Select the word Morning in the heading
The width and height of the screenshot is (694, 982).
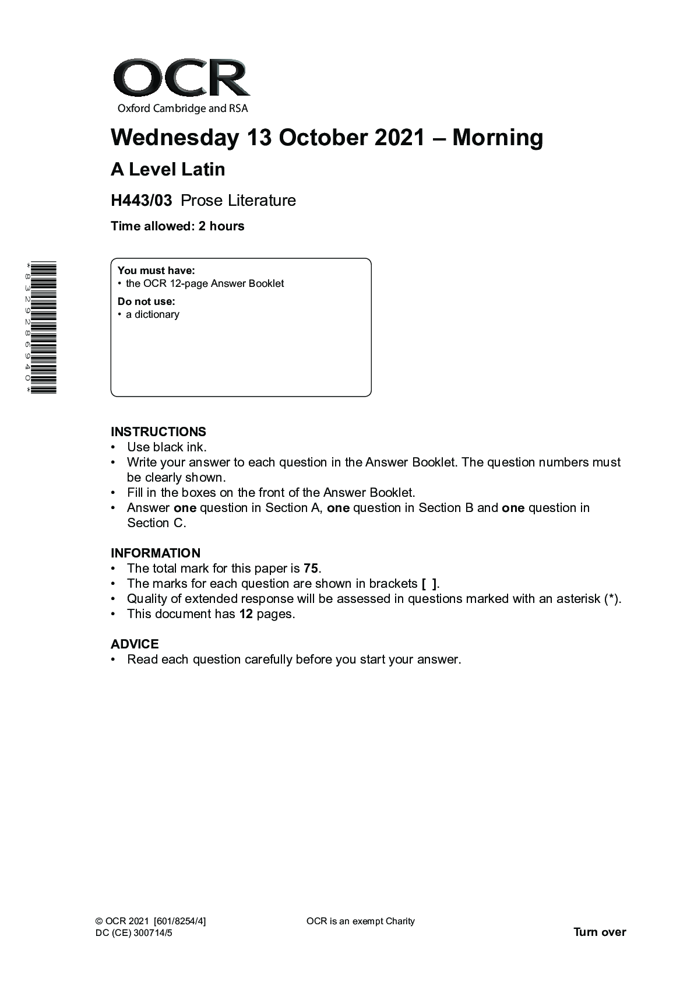[498, 138]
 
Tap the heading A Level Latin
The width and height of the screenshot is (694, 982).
[168, 170]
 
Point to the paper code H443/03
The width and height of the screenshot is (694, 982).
[142, 201]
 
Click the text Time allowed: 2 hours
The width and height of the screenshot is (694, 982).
[178, 226]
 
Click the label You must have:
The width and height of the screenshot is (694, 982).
[156, 271]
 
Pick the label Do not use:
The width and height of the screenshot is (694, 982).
[146, 301]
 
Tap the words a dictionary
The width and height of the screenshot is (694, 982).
[153, 314]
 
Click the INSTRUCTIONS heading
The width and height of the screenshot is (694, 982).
[158, 432]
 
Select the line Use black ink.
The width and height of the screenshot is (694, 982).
[167, 447]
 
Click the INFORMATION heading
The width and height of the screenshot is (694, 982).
[156, 553]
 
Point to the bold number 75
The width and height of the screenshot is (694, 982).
[311, 569]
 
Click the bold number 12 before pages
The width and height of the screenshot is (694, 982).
[246, 614]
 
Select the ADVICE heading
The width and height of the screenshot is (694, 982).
[135, 644]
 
